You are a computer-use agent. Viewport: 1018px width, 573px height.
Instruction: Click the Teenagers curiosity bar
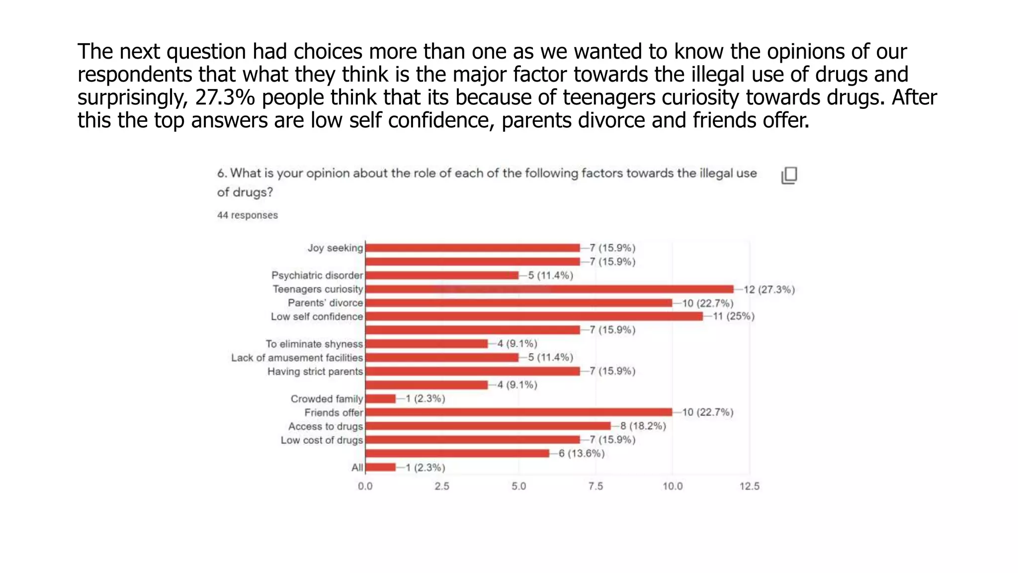[x=549, y=289]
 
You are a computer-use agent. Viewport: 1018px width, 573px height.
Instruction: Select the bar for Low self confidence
[x=534, y=316]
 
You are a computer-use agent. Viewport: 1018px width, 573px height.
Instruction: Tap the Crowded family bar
[x=381, y=398]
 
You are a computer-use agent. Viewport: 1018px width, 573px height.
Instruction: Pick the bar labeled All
[x=381, y=467]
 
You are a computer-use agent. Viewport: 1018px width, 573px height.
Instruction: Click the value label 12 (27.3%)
[x=769, y=289]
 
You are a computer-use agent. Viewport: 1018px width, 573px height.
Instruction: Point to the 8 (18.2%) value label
[x=643, y=426]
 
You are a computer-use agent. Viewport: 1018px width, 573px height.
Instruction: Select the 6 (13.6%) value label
[x=582, y=453]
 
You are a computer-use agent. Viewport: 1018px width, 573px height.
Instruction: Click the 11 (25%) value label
[x=734, y=316]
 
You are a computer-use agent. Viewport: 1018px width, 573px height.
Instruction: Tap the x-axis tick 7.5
[x=595, y=486]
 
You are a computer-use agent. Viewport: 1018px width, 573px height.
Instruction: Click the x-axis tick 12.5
[x=749, y=486]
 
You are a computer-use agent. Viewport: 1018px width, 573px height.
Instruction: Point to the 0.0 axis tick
[x=365, y=486]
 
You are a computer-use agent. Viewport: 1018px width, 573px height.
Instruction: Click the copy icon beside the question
[x=789, y=175]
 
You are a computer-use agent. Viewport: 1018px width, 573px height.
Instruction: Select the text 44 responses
[x=247, y=215]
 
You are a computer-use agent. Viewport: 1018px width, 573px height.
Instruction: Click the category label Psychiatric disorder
[x=317, y=275]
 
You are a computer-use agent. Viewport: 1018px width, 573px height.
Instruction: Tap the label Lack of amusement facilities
[x=297, y=358]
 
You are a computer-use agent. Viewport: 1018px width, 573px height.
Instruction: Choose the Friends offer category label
[x=334, y=412]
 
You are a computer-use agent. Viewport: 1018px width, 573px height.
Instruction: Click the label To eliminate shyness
[x=314, y=344]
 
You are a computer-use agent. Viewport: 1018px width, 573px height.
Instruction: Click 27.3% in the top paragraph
[x=225, y=97]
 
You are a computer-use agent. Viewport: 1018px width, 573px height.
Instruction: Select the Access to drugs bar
[x=488, y=426]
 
